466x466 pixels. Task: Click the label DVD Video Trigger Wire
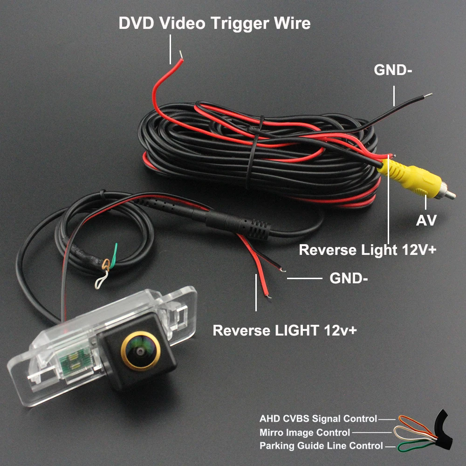click(214, 23)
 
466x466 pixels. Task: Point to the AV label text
click(426, 220)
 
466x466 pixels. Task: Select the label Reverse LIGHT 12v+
click(285, 330)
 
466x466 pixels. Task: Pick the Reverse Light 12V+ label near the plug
click(367, 250)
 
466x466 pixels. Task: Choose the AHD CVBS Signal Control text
click(318, 419)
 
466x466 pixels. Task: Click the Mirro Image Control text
click(305, 433)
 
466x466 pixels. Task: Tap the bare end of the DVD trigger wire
click(180, 59)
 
